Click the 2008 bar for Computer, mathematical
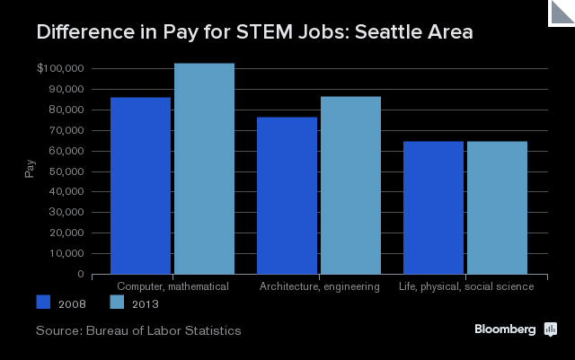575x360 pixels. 140,186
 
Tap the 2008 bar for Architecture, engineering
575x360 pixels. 287,196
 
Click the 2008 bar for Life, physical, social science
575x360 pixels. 433,207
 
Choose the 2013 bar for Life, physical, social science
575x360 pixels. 497,207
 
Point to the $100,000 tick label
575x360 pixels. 61,69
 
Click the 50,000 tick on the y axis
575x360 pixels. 66,171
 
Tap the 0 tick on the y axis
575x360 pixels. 81,275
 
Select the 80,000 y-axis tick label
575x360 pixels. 66,110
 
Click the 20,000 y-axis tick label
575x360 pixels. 66,233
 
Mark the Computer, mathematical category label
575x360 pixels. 172,286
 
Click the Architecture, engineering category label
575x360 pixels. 319,286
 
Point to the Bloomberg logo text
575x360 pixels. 506,329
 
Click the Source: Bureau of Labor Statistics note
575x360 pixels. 138,331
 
